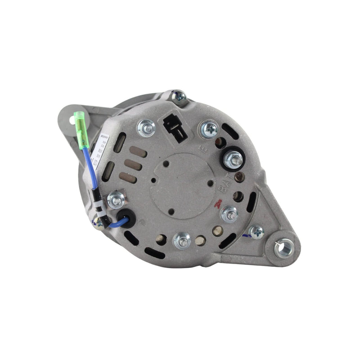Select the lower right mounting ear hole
pyautogui.click(x=283, y=247)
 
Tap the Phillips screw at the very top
pyautogui.click(x=179, y=96)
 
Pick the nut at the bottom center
pyautogui.click(x=182, y=241)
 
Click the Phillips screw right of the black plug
pyautogui.click(x=210, y=130)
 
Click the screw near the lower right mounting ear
pyautogui.click(x=256, y=232)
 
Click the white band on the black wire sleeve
pyautogui.click(x=101, y=208)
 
